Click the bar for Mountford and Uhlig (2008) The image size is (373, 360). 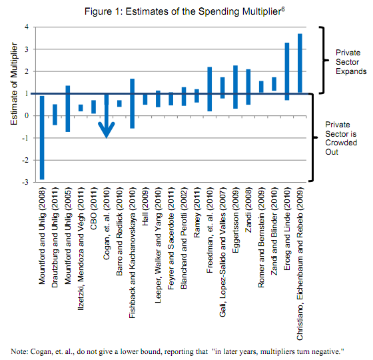point(42,137)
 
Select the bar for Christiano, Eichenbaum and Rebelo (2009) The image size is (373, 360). point(300,63)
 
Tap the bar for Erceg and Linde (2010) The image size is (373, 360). point(287,71)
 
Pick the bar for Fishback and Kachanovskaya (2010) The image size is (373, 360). point(133,103)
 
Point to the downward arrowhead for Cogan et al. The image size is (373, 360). point(107,130)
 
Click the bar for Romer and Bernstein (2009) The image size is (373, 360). point(261,87)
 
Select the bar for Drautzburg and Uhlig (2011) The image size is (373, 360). point(55,115)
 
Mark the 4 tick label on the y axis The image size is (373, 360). point(27,27)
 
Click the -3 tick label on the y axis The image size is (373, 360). point(25,183)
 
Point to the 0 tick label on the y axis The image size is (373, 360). point(27,116)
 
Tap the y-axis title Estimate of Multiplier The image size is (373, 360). point(14,83)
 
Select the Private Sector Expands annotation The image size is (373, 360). point(351,62)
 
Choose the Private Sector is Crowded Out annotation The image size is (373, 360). point(341,138)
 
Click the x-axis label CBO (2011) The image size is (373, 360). point(93,209)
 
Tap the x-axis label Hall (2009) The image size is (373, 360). point(145,207)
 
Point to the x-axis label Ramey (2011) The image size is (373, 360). point(196,213)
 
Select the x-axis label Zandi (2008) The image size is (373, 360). point(248,210)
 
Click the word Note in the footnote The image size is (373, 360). point(19,352)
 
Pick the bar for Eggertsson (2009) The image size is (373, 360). point(236,87)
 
